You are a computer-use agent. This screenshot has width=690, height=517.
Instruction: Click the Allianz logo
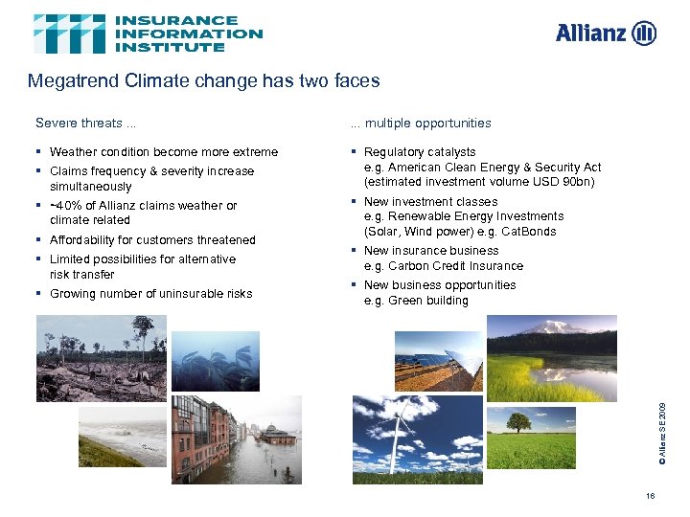coord(606,34)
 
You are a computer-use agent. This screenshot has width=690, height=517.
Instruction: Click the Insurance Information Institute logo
coord(148,34)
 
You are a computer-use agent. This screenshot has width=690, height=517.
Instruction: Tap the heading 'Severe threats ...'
coord(86,123)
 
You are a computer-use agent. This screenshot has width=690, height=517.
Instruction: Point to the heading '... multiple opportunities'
coord(421,123)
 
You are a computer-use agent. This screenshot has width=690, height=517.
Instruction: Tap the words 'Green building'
coord(428,301)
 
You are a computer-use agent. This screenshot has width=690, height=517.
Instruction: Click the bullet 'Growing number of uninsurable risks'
coord(150,294)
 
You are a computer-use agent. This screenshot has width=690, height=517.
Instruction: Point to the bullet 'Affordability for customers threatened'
coord(152,240)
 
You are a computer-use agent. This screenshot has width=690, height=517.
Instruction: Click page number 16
coord(651,496)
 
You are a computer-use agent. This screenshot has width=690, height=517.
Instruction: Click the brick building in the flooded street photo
coord(199,426)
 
